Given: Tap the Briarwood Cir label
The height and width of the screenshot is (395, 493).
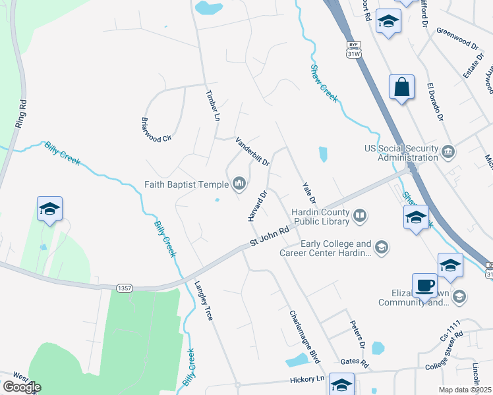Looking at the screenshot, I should pyautogui.click(x=156, y=129).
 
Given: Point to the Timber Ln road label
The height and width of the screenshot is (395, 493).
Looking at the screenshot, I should pyautogui.click(x=212, y=105).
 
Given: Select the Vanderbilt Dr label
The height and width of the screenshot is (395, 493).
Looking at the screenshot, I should pyautogui.click(x=253, y=151).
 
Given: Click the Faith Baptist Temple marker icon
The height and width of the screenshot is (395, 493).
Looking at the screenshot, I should pyautogui.click(x=239, y=184).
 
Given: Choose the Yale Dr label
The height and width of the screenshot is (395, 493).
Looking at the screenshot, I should pyautogui.click(x=309, y=192).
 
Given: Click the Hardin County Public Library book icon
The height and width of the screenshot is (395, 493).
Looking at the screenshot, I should pyautogui.click(x=360, y=215).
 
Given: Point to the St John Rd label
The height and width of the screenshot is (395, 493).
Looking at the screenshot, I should pyautogui.click(x=270, y=237).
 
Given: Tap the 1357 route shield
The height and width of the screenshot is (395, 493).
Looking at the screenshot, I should pyautogui.click(x=123, y=288).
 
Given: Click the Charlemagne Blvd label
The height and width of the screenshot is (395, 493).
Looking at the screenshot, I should pyautogui.click(x=304, y=336).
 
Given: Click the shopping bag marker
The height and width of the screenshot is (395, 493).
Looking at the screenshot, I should pyautogui.click(x=401, y=88).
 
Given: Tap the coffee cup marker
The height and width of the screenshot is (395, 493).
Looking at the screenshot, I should pyautogui.click(x=425, y=285).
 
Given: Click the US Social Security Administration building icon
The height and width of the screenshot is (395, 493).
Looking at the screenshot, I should pyautogui.click(x=448, y=152).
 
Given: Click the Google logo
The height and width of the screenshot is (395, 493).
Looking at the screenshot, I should pyautogui.click(x=22, y=387).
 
